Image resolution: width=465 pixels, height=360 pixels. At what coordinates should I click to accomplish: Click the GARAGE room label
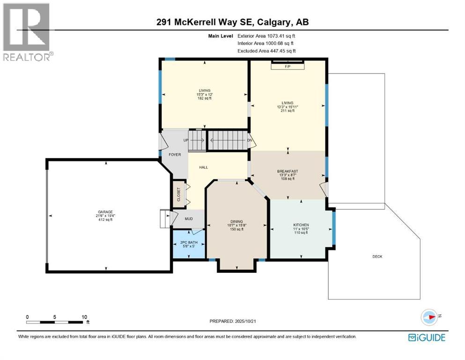[105, 212]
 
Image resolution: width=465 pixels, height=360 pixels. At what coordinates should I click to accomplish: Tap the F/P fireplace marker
[288, 67]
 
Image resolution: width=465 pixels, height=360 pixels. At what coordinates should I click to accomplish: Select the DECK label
[377, 256]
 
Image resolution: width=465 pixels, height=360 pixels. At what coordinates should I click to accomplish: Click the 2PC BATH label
[189, 242]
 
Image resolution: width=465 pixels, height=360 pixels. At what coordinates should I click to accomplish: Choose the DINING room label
[236, 222]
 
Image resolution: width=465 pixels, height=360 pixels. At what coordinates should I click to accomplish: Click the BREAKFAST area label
[287, 171]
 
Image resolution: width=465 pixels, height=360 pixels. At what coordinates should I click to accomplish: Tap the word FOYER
[174, 154]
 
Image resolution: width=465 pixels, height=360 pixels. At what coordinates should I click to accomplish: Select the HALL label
[203, 167]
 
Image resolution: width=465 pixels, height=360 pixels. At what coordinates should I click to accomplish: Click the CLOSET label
[178, 194]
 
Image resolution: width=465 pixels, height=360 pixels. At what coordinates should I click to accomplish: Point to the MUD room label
[189, 218]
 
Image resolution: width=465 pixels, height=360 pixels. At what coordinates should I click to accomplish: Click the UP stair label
[185, 140]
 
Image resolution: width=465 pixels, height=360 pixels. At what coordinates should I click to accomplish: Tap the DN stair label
[250, 140]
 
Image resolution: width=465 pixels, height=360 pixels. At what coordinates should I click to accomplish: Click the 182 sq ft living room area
[204, 98]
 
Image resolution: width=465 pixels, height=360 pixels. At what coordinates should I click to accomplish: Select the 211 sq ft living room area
[287, 112]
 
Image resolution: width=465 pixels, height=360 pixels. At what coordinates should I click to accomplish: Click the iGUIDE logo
[427, 337]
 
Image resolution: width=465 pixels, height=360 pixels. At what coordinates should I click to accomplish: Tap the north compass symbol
[429, 317]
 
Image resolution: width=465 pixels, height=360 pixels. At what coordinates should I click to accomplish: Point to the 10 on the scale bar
[85, 317]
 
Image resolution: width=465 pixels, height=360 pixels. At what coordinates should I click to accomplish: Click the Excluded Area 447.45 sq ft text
[266, 51]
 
